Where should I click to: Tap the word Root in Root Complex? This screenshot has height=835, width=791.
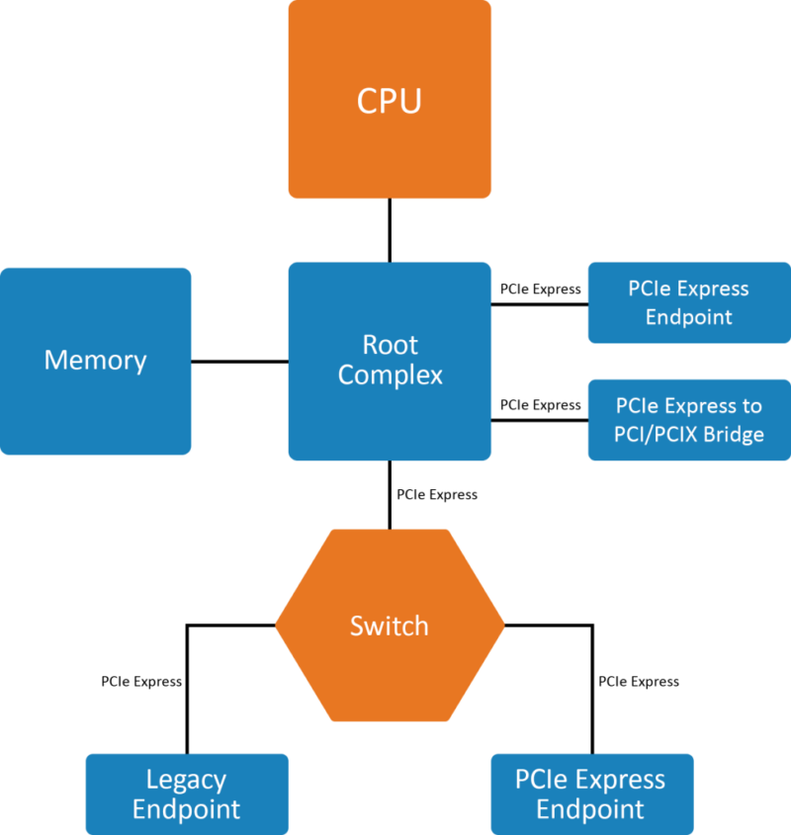[x=390, y=345]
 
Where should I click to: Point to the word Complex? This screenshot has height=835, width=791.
[x=390, y=376]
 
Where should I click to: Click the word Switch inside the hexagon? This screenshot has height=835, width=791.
[x=390, y=626]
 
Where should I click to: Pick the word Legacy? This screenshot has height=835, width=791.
[x=186, y=780]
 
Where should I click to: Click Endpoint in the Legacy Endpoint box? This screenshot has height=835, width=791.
[x=186, y=810]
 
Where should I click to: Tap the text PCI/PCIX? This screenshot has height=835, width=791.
[x=654, y=434]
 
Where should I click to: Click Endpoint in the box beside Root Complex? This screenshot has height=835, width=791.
[x=689, y=317]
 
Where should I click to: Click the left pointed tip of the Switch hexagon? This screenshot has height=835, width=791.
[x=278, y=625]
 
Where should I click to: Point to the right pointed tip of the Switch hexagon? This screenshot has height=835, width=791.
[x=502, y=625]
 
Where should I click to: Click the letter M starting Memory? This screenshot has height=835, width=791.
[x=54, y=360]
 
